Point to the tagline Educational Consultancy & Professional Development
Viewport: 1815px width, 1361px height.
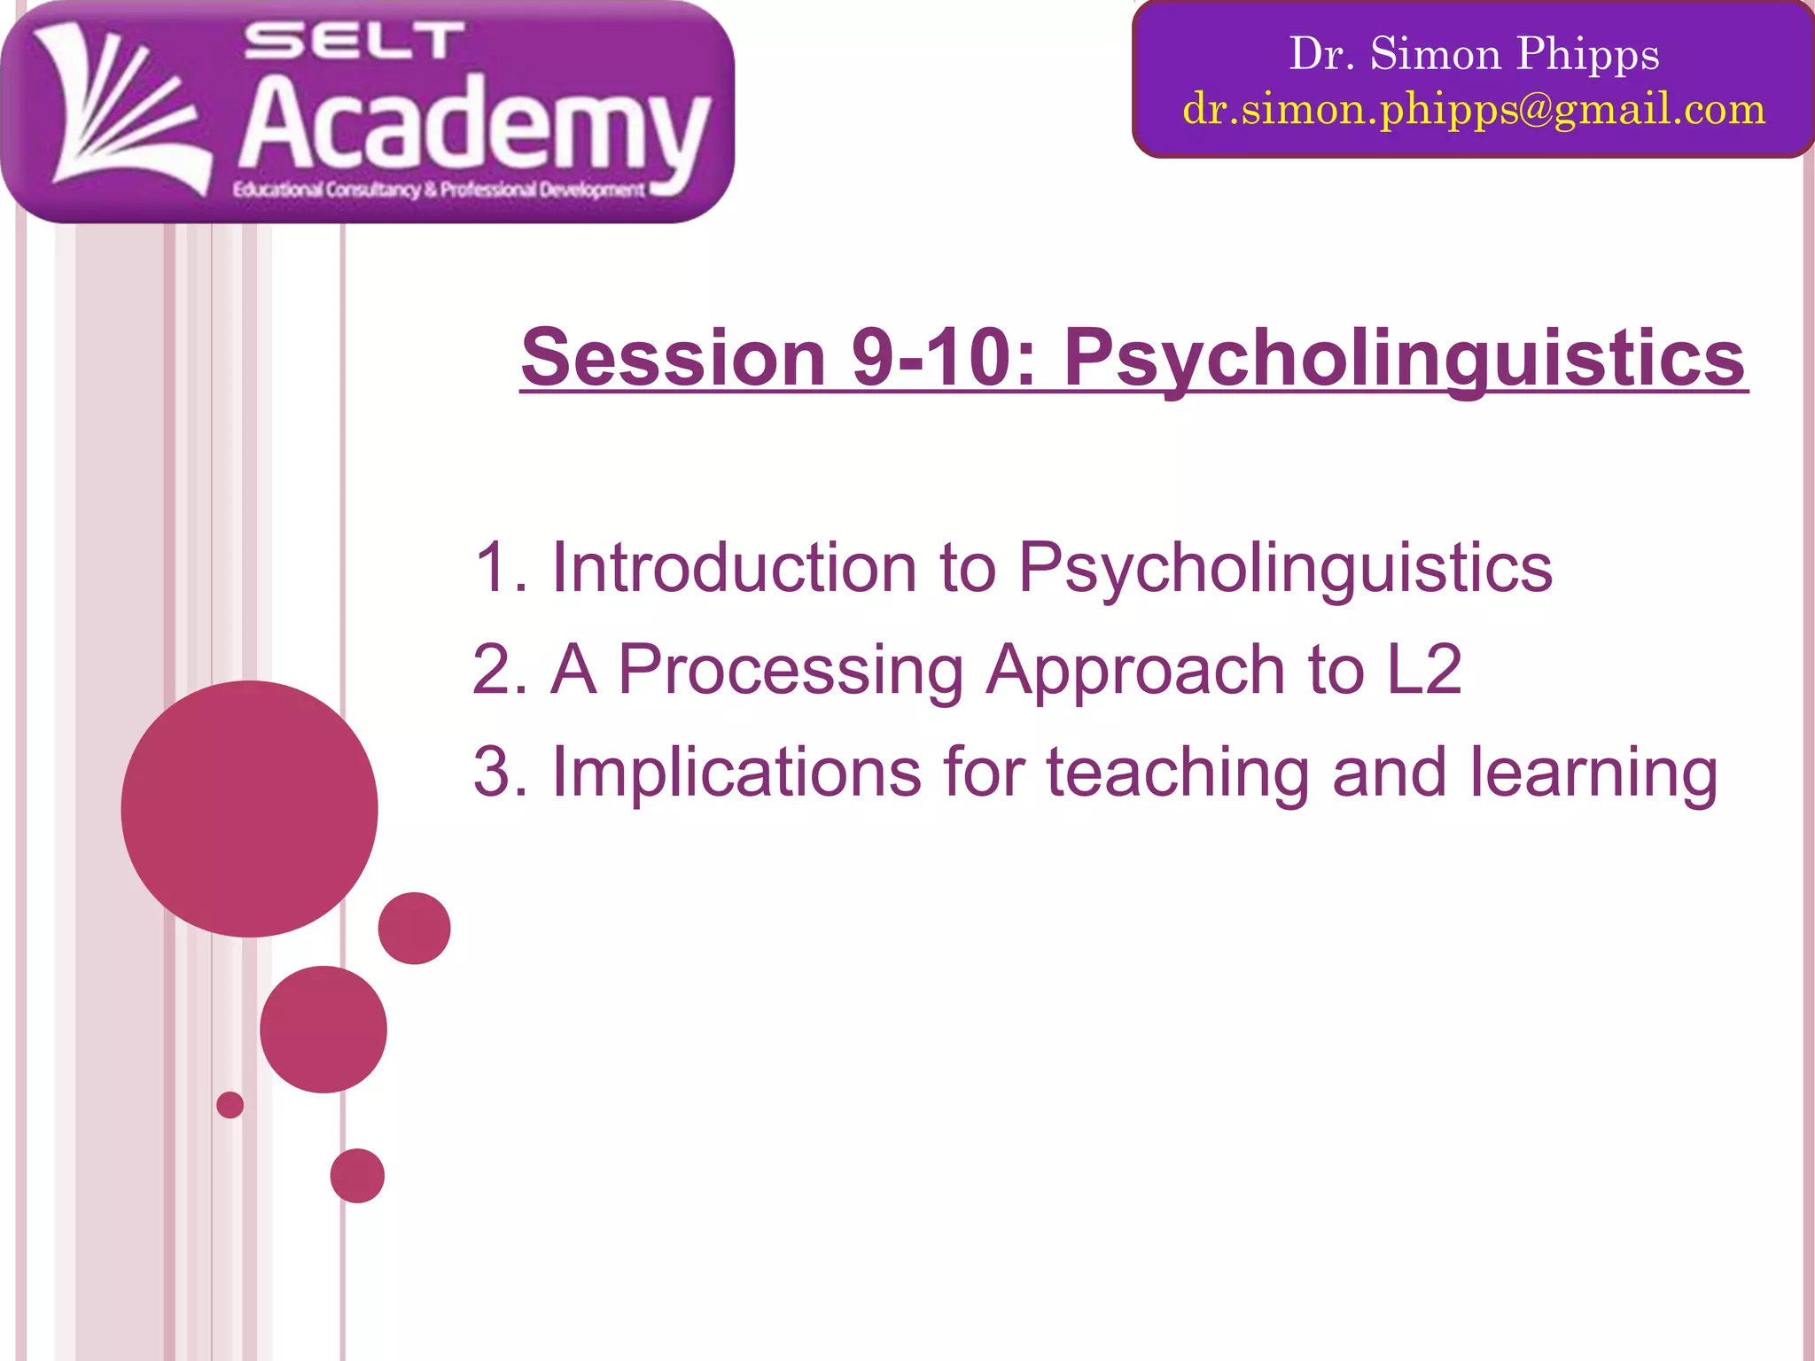tap(439, 190)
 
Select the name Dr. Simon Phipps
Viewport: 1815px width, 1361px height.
tap(1474, 53)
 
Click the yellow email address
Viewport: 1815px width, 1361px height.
tap(1474, 109)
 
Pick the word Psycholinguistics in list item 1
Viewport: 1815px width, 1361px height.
tap(1285, 569)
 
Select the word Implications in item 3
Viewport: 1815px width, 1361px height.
tap(736, 773)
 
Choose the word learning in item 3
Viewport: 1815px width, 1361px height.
tap(1593, 773)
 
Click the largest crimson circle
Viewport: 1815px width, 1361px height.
tap(250, 808)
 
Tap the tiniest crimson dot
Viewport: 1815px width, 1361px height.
tap(230, 1105)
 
